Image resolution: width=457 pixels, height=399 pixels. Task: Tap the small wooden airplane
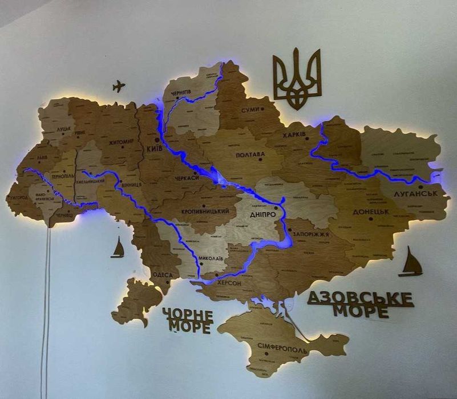(119, 86)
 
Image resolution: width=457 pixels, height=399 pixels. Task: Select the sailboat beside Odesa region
(118, 248)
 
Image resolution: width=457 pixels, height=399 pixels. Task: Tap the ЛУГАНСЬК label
(415, 194)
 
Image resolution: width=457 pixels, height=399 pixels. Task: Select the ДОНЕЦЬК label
(371, 211)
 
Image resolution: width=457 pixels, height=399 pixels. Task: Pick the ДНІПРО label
(262, 215)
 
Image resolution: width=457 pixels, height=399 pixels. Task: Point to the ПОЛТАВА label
(250, 154)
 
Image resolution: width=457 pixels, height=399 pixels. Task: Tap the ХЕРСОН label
(229, 283)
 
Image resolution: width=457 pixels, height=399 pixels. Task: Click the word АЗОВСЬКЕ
(360, 298)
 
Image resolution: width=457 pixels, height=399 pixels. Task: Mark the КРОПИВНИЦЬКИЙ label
(205, 211)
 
